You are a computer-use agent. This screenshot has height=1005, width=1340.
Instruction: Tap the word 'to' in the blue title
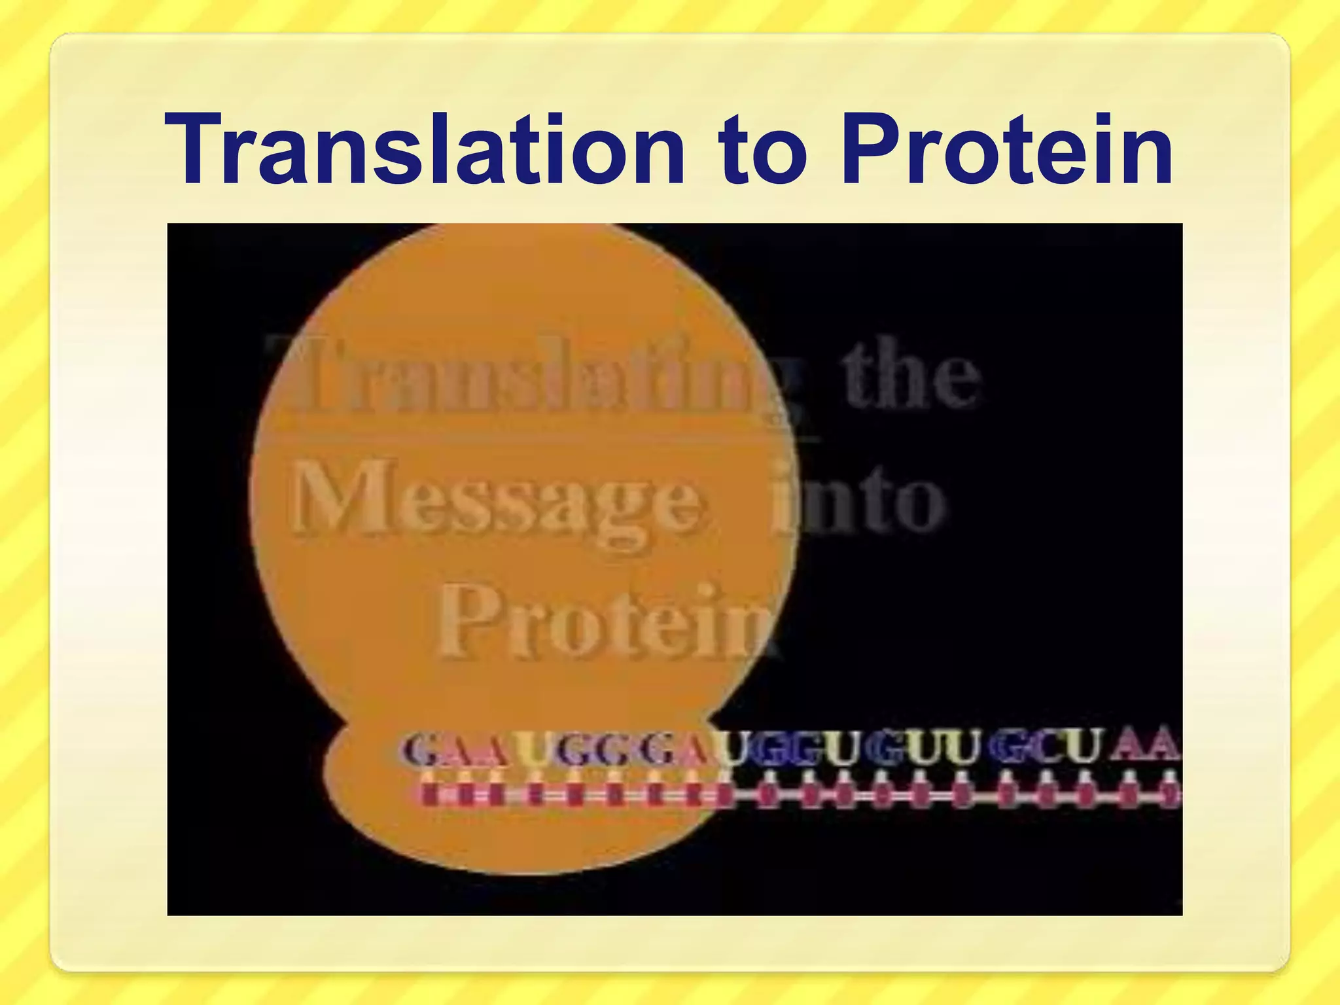click(762, 152)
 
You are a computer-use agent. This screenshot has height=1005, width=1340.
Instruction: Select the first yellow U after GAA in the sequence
click(533, 750)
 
